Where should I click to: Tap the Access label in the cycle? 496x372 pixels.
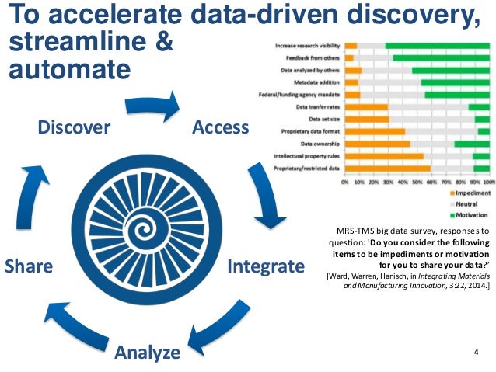[x=220, y=127]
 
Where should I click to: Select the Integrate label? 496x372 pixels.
[x=265, y=267]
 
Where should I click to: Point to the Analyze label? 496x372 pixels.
[x=147, y=353]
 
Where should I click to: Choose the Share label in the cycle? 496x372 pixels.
[x=29, y=267]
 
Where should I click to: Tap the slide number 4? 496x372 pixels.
[x=475, y=354]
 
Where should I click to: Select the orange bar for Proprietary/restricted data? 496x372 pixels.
[x=387, y=167]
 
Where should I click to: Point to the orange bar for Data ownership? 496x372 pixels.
[x=377, y=144]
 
